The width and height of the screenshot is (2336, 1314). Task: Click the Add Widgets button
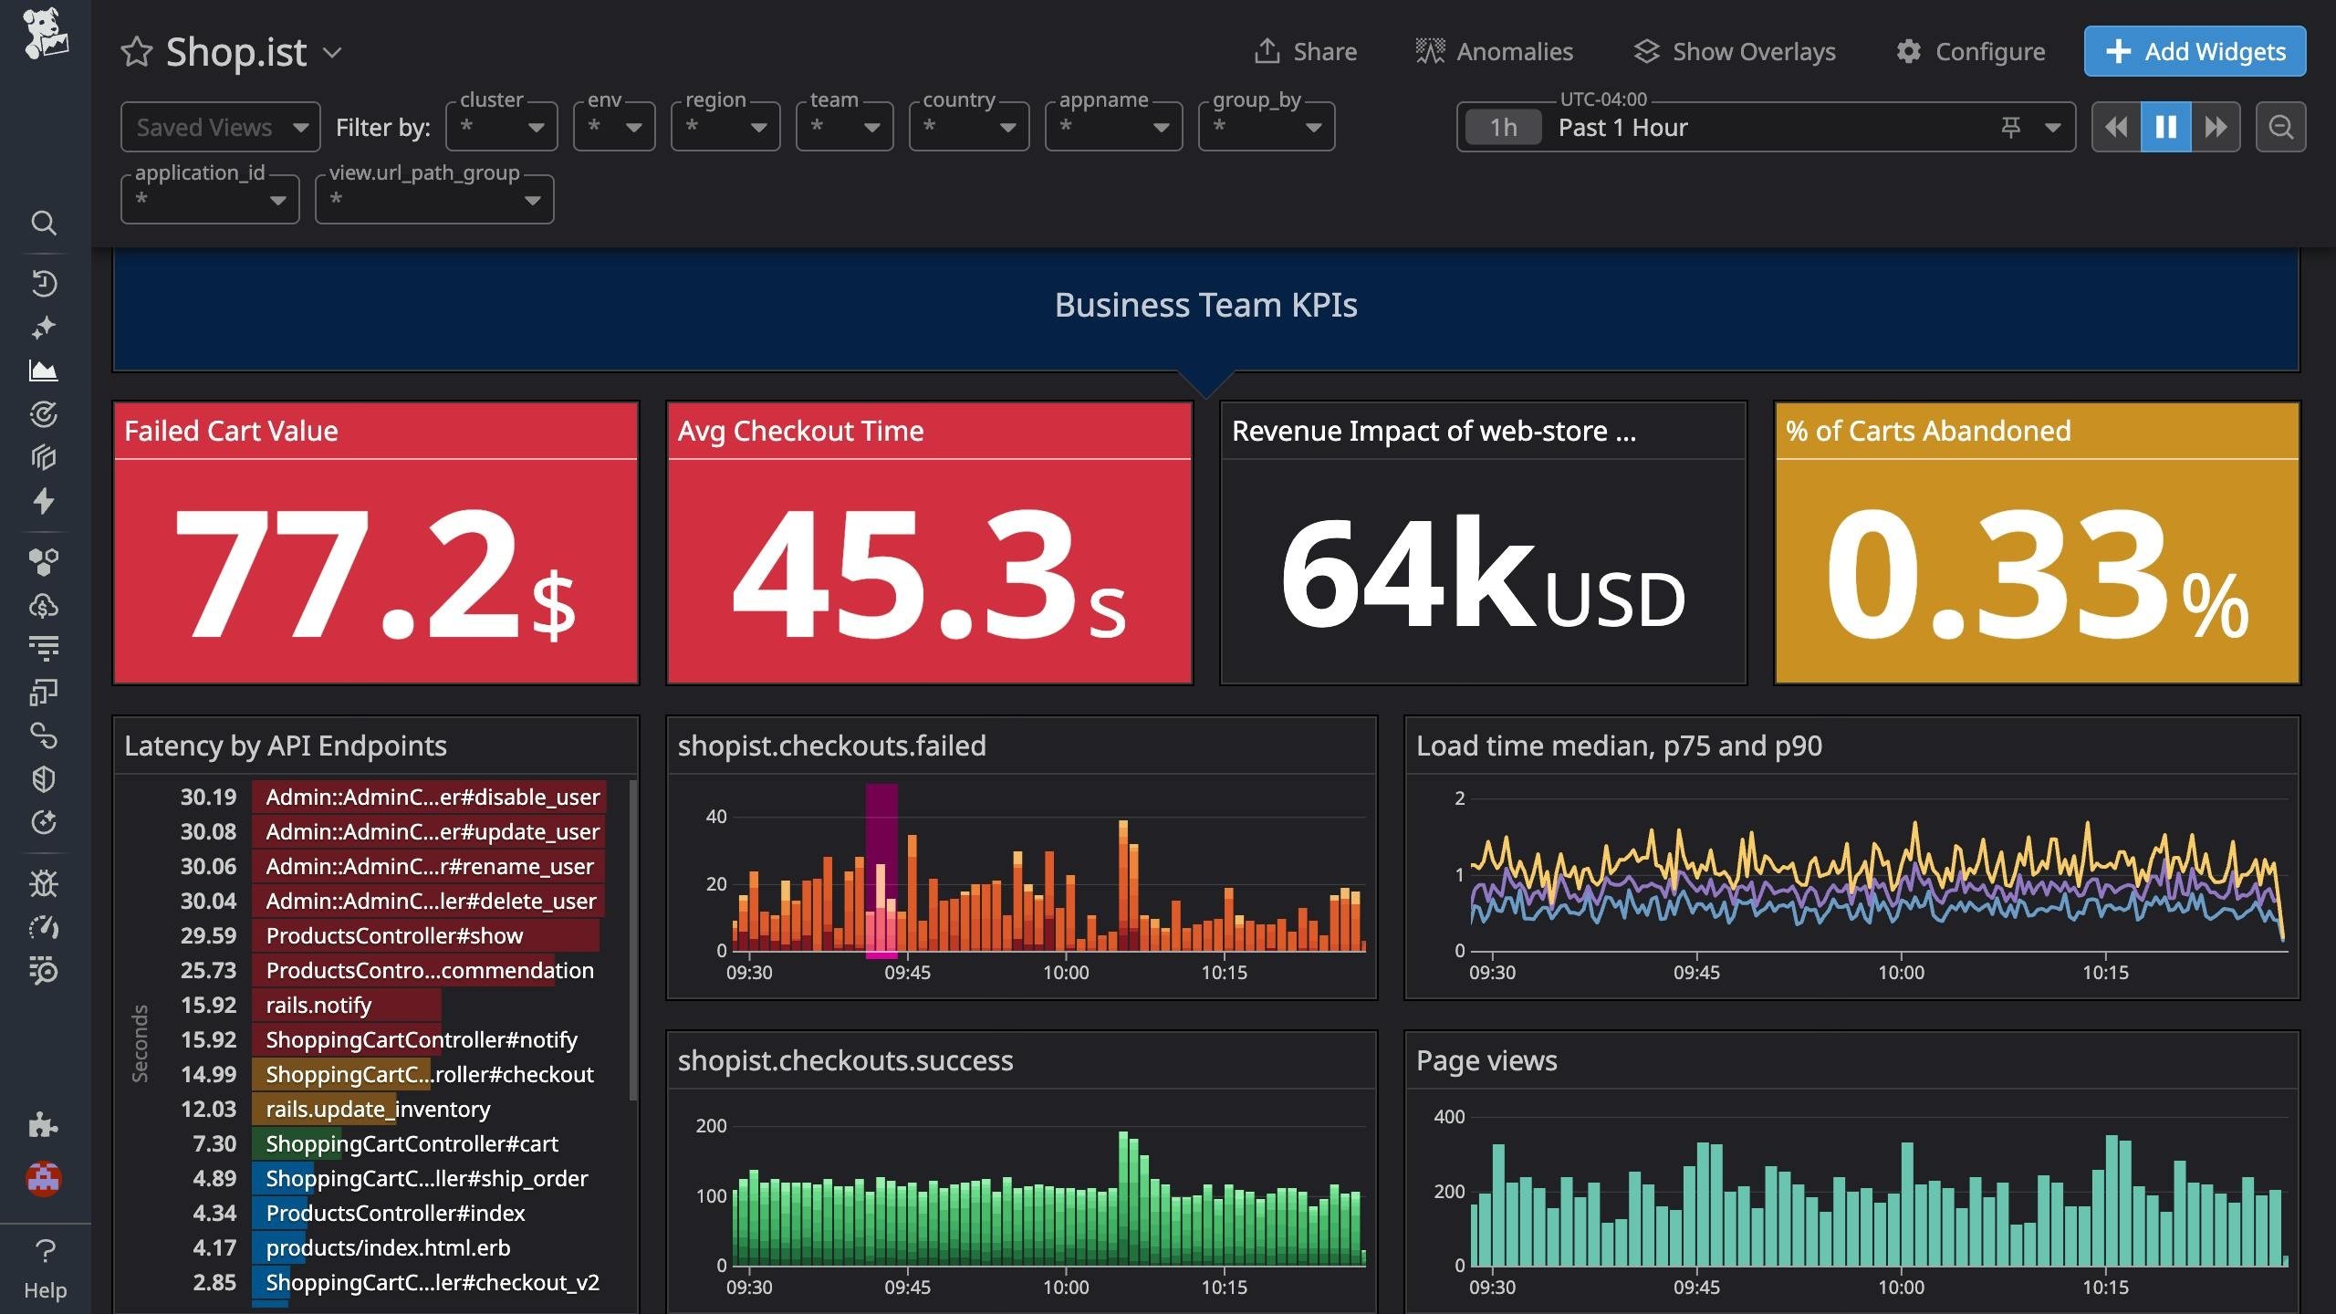tap(2194, 51)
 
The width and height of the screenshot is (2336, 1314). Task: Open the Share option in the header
tap(1306, 51)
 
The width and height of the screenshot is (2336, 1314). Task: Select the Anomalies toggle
tap(1494, 51)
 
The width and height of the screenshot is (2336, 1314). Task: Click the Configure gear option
tap(1970, 51)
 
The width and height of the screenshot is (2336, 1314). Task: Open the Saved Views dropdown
tap(220, 127)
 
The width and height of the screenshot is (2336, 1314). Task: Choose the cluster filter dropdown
tap(501, 127)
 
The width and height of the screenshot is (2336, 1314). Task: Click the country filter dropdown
tap(968, 127)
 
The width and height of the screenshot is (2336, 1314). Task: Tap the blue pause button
tap(2165, 127)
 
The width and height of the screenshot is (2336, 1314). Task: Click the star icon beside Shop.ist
tap(137, 52)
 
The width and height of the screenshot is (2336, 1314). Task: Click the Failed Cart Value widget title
tap(231, 431)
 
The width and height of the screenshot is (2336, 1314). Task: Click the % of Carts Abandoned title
tap(1927, 431)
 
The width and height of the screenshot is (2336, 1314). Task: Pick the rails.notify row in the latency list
tap(318, 1005)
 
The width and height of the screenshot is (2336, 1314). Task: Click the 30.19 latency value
tap(208, 797)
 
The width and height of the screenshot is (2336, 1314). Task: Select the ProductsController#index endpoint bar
tap(395, 1213)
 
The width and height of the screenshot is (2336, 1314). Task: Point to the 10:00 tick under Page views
tap(1901, 1287)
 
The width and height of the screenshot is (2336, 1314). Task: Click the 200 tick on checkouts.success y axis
tap(711, 1125)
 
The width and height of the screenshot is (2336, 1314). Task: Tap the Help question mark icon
tap(45, 1251)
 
